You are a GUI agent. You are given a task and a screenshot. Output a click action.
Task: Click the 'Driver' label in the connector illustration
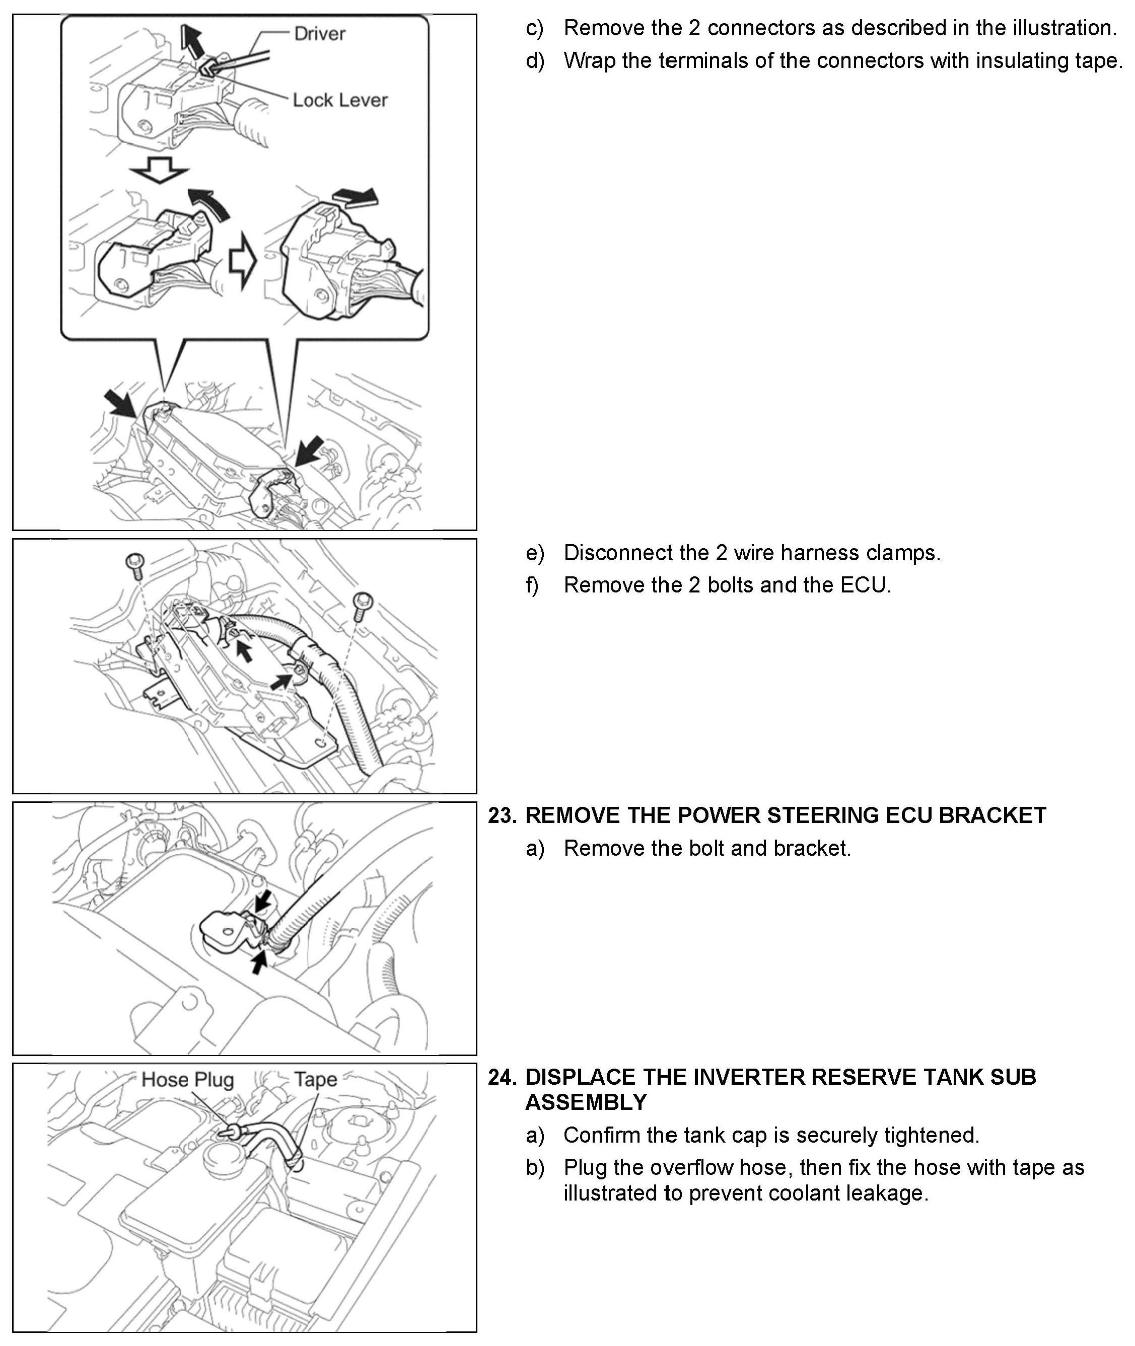coord(319,33)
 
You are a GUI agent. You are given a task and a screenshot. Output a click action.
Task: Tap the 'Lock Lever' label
coord(340,100)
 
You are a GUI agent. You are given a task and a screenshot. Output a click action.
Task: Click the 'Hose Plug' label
coord(187,1079)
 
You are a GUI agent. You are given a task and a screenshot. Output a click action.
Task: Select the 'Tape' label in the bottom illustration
coord(315,1079)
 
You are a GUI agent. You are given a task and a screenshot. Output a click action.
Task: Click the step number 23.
coord(503,815)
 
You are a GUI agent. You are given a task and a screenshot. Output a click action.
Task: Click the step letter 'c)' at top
coord(535,28)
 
